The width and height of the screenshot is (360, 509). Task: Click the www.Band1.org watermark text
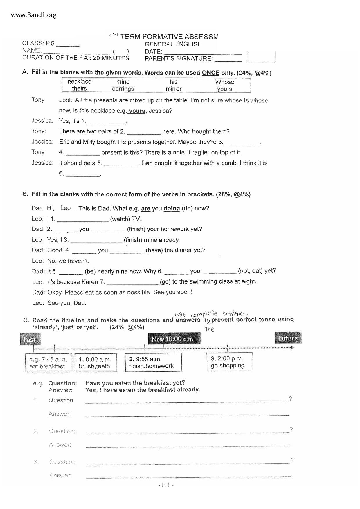pyautogui.click(x=34, y=15)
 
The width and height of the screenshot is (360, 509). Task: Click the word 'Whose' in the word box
pyautogui.click(x=224, y=82)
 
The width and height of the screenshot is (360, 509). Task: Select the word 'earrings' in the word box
pyautogui.click(x=123, y=89)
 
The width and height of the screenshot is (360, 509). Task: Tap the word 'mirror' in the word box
pyautogui.click(x=174, y=89)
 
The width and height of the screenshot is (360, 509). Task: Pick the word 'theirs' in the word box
pyautogui.click(x=79, y=89)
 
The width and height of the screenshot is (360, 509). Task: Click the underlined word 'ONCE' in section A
pyautogui.click(x=210, y=73)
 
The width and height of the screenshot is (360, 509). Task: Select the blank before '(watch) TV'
pyautogui.click(x=83, y=220)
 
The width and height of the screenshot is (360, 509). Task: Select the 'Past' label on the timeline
pyautogui.click(x=30, y=339)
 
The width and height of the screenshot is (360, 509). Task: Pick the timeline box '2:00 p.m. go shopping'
pyautogui.click(x=229, y=362)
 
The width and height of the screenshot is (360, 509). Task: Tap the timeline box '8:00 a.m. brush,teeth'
pyautogui.click(x=96, y=362)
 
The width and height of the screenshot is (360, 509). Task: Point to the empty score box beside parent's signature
pyautogui.click(x=262, y=57)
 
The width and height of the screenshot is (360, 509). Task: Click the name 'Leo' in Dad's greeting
pyautogui.click(x=66, y=208)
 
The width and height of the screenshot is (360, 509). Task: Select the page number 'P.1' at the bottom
pyautogui.click(x=166, y=485)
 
